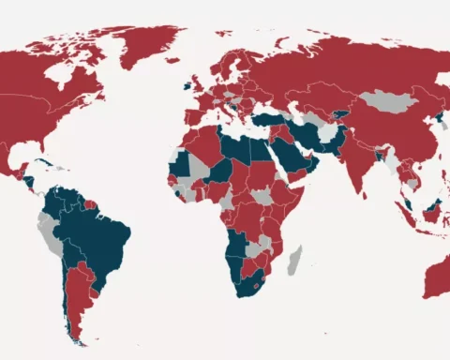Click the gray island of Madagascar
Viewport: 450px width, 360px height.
point(294,260)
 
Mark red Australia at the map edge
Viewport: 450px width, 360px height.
point(439,277)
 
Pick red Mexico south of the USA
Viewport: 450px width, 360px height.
point(14,159)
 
